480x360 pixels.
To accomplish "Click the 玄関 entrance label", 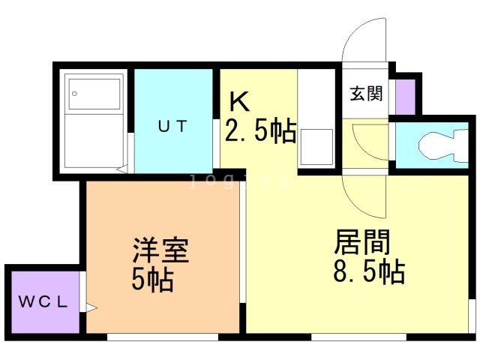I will pos(366,94).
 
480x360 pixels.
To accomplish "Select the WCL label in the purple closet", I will pos(43,303).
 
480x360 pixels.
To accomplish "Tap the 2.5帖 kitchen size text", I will pos(260,132).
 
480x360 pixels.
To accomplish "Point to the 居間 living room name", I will pos(361,241).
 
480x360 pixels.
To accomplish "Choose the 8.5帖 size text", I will pos(368,271).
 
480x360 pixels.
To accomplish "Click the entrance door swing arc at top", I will pos(364,45).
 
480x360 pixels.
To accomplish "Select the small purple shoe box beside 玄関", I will pos(404,95).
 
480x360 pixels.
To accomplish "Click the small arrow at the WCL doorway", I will pos(90,306).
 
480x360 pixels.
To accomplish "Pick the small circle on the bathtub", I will pos(73,94).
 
